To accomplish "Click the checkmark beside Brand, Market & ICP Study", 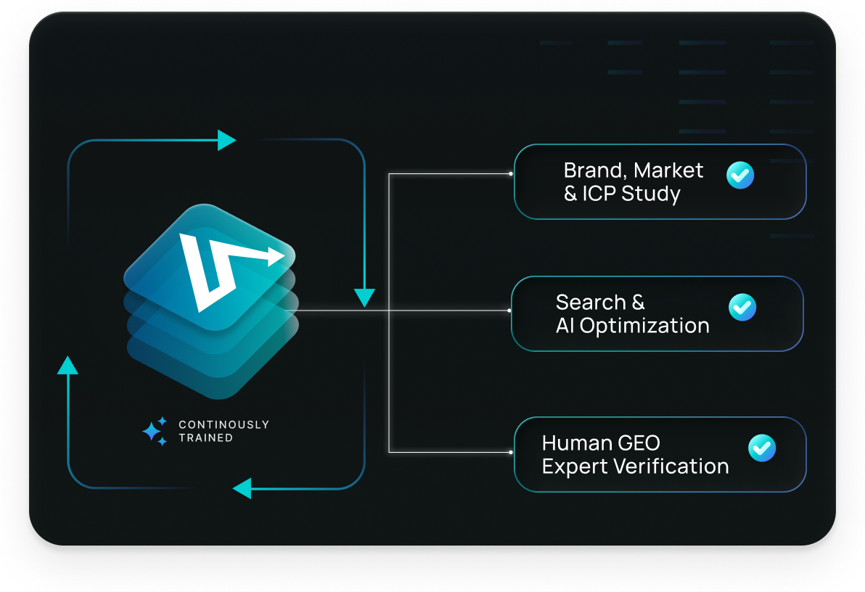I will click(740, 175).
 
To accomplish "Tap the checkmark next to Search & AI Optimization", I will click(742, 307).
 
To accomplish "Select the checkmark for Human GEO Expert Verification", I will click(761, 448).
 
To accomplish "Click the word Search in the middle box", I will click(591, 302).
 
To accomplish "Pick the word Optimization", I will click(644, 326).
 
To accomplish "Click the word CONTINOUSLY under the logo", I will click(224, 424).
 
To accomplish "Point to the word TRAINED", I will click(205, 438).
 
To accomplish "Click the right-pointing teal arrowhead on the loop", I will click(226, 140).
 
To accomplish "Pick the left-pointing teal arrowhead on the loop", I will click(242, 488).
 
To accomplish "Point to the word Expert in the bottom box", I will click(575, 466).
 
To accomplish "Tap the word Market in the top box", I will click(668, 170).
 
